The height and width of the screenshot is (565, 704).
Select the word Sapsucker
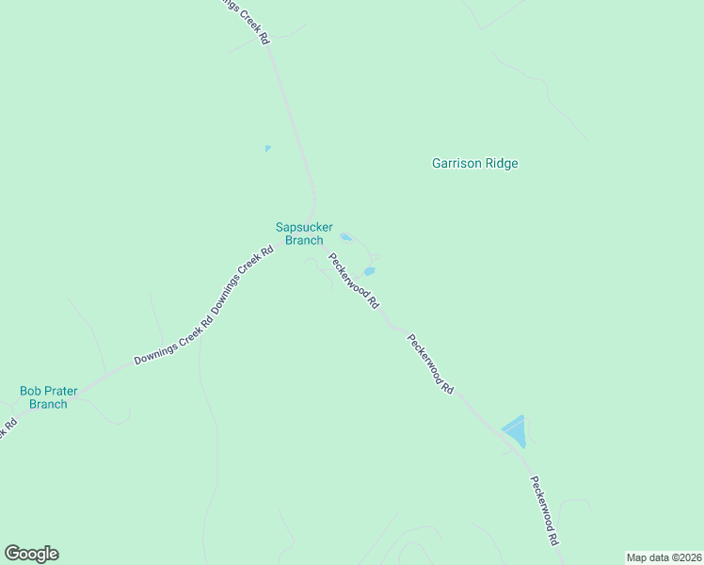[x=304, y=227]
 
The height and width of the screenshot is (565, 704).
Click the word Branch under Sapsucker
[x=304, y=240]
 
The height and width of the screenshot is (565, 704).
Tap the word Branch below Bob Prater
[x=48, y=404]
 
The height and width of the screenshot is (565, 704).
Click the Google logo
[x=31, y=554]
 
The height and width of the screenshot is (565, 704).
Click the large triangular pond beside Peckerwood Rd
[x=515, y=431]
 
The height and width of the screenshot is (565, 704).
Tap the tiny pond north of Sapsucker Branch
[x=267, y=149]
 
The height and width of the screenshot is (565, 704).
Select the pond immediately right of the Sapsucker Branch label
[x=345, y=237]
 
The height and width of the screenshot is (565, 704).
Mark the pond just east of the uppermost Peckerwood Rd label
[x=369, y=272]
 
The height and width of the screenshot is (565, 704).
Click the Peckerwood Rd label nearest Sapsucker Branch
[x=353, y=281]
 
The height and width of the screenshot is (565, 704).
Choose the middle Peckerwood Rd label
[x=431, y=363]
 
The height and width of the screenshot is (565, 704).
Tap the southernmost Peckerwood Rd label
[x=544, y=511]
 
